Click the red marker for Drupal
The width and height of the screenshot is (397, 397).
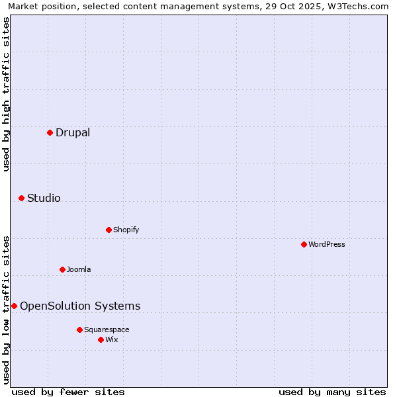point(50,132)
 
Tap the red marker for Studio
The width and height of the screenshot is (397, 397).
point(21,198)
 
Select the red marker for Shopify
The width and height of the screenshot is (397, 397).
point(109,230)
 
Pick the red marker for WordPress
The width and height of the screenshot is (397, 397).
point(304,244)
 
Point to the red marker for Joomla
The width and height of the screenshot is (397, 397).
point(62,269)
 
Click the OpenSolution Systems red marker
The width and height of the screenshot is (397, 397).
point(14,306)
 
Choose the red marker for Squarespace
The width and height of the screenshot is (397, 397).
point(79,330)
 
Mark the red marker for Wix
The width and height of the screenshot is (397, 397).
point(101,339)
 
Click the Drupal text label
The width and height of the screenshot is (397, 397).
point(73,132)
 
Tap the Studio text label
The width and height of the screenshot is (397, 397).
point(44,198)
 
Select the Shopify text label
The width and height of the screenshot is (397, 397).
point(126,230)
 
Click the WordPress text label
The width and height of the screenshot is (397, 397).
point(326,244)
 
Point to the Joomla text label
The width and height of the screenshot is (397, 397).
point(79,269)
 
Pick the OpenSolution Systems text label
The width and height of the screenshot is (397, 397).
point(80,306)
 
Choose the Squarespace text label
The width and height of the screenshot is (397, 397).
point(107,330)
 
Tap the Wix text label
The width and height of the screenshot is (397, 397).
point(111,339)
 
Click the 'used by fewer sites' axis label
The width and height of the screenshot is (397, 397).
point(68,392)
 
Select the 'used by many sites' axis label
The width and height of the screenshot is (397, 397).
point(332,392)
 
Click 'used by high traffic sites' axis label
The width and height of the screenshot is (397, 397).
point(6,94)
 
